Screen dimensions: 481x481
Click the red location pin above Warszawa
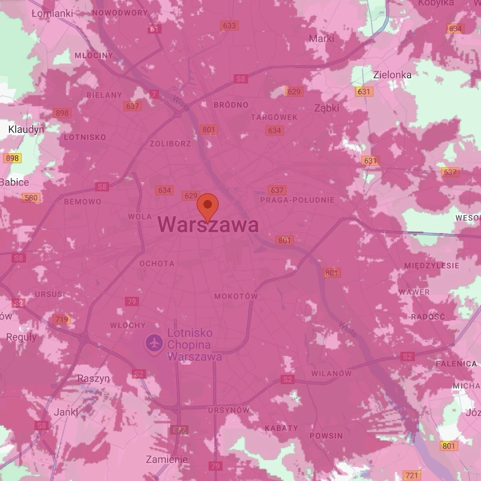208,206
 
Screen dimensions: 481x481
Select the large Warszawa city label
208,225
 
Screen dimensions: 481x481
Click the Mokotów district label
236,296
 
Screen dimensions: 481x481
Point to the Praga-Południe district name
297,200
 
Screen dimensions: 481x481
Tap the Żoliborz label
171,144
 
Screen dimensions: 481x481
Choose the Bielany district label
104,95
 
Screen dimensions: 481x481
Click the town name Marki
322,38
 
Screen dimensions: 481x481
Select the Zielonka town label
392,75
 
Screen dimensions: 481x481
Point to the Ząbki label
327,108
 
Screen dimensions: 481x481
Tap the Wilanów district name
331,374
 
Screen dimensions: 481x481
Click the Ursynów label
229,410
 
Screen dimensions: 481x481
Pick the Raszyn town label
93,378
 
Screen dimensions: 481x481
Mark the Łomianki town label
52,13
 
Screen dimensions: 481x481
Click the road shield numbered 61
154,29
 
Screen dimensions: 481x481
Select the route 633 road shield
229,26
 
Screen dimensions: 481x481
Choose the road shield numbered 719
61,319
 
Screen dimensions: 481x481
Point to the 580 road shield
31,197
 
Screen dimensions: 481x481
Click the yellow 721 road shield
411,475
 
